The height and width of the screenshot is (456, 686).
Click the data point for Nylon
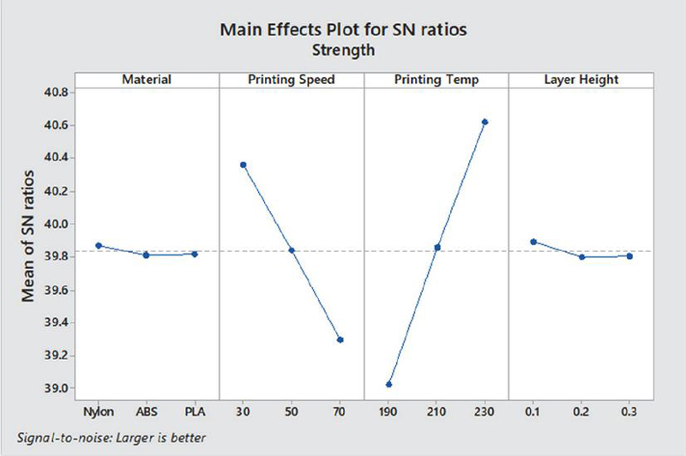99,246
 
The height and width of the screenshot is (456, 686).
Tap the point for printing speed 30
244,165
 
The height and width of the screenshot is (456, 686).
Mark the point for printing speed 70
340,339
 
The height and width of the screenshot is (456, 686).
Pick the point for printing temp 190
389,384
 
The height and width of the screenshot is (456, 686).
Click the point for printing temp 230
485,122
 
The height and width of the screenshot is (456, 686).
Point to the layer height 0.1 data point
533,242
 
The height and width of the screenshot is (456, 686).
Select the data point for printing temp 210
437,248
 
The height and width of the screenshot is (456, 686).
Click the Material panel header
147,80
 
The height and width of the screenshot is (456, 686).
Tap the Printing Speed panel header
292,80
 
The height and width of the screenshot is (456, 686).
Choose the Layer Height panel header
581,80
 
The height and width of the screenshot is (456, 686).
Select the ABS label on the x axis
147,411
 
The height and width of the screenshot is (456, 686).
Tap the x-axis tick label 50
292,411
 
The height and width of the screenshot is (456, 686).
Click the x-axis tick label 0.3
629,411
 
